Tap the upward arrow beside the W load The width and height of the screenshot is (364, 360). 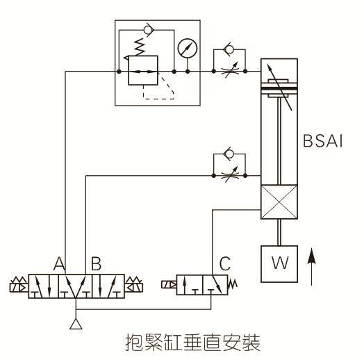[x=312, y=268]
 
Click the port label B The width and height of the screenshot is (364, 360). [x=97, y=263]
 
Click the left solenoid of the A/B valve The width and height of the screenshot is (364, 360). [x=17, y=285]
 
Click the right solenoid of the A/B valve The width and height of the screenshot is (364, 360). [x=134, y=285]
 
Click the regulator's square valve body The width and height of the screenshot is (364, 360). [x=146, y=71]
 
